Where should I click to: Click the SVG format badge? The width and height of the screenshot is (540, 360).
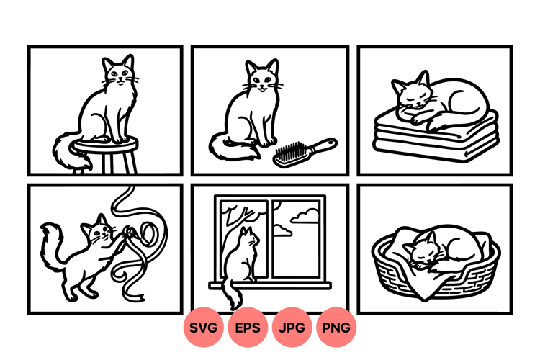[203, 328]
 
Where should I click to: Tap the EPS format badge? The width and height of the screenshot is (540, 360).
[248, 328]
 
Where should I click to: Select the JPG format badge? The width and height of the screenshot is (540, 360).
[292, 328]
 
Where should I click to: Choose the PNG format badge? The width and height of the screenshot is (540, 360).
[336, 328]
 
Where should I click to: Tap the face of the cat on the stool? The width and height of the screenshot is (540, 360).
[120, 75]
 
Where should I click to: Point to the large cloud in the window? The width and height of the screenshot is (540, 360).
[305, 216]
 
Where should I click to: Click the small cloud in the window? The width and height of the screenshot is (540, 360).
[282, 230]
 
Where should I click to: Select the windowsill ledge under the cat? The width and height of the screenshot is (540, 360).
[270, 285]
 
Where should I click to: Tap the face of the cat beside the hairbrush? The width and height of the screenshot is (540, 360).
[262, 80]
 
